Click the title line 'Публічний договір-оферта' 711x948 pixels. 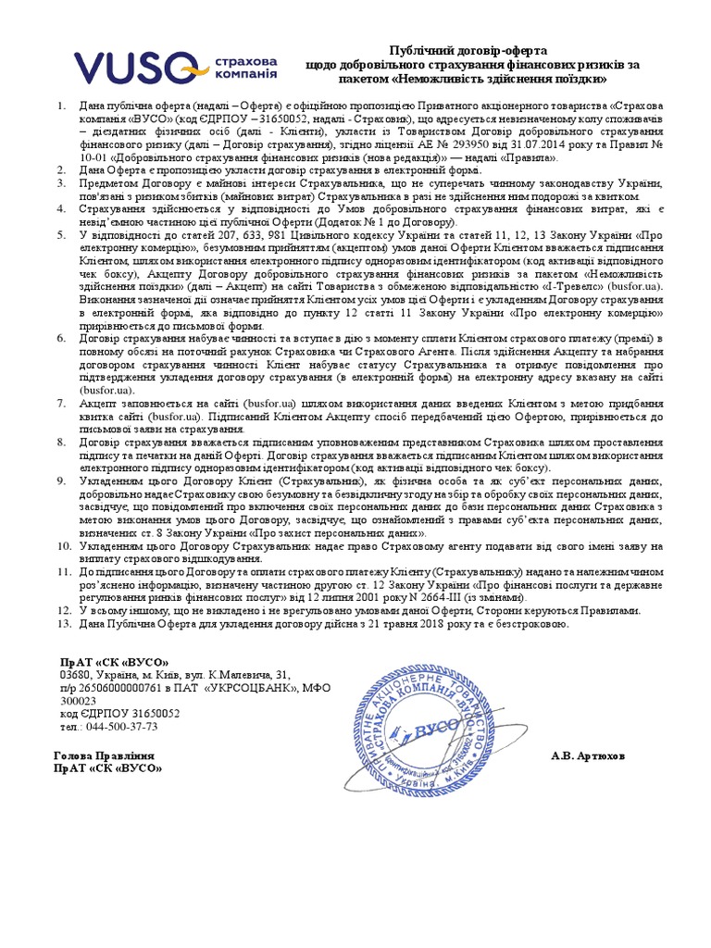(x=468, y=49)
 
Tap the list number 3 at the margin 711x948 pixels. (x=61, y=183)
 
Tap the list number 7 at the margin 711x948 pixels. (x=61, y=404)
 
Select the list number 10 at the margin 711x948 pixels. (x=64, y=545)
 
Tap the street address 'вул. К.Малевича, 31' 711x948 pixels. (x=240, y=675)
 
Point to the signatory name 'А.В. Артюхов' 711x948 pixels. (x=588, y=755)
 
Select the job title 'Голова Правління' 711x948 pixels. (x=104, y=755)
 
